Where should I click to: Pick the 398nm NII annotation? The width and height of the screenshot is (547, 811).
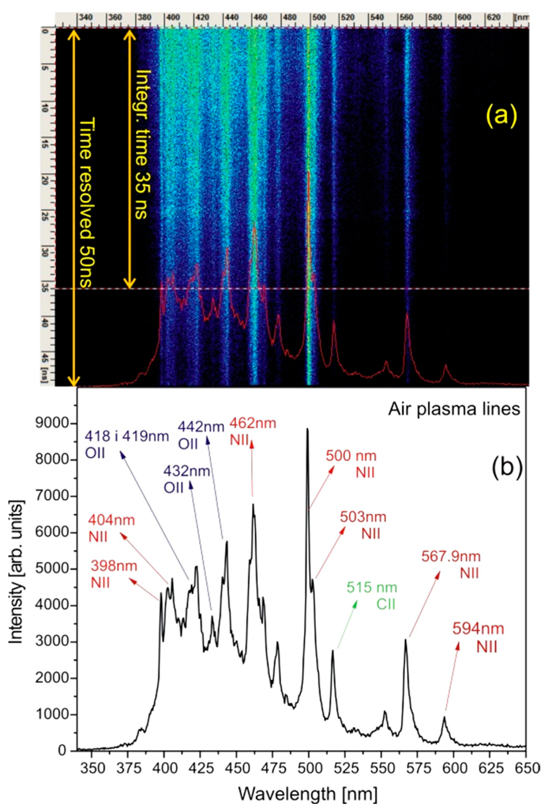[114, 574]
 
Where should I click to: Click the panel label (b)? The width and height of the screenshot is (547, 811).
[508, 467]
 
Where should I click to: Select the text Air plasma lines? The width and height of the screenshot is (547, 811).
[454, 408]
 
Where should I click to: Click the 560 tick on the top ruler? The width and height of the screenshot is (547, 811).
[406, 17]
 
